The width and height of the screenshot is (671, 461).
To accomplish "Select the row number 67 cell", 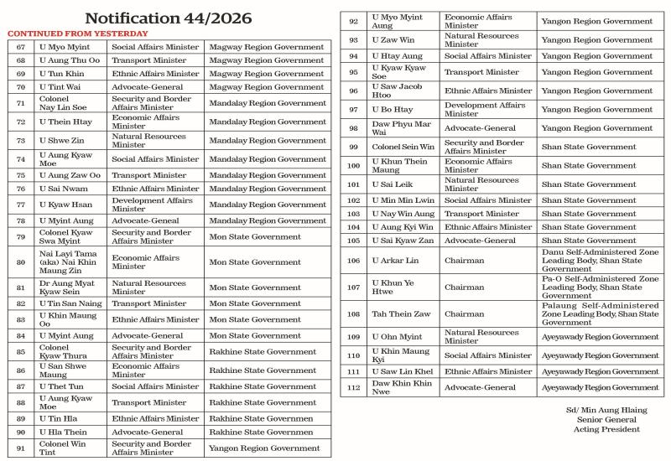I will point(21,47).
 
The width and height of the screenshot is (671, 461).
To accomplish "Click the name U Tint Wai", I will point(59,87).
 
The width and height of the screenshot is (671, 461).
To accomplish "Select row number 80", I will point(21,262).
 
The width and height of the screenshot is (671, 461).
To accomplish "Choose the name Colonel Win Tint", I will point(63,448).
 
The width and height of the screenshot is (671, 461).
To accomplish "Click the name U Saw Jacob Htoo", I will point(398,91).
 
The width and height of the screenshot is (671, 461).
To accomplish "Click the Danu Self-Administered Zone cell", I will point(599,261).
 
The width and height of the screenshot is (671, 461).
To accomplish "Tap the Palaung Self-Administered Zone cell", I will point(599,314).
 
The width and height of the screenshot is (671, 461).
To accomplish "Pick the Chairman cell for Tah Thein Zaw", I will point(464,314).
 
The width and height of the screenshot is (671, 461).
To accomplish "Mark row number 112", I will point(353,388).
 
